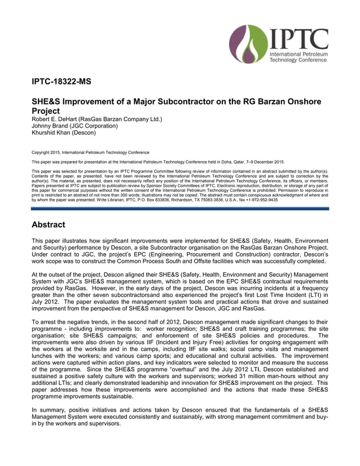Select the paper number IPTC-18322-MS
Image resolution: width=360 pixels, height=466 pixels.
click(61, 82)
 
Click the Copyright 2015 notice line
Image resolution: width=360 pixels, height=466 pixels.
click(90, 152)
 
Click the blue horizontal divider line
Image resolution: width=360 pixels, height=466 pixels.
click(180, 208)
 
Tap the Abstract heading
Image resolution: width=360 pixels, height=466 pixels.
click(48, 225)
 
